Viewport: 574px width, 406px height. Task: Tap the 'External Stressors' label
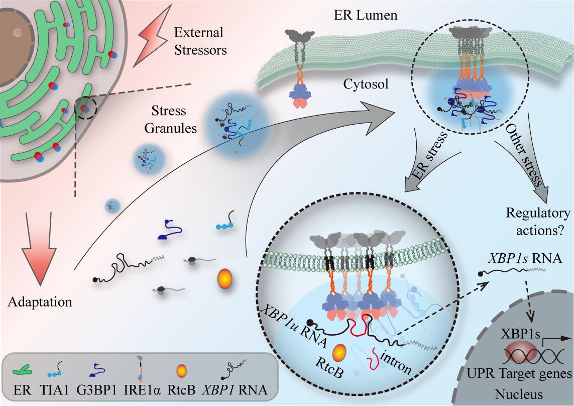(x=199, y=42)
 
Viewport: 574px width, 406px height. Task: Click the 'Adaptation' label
(x=40, y=302)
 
